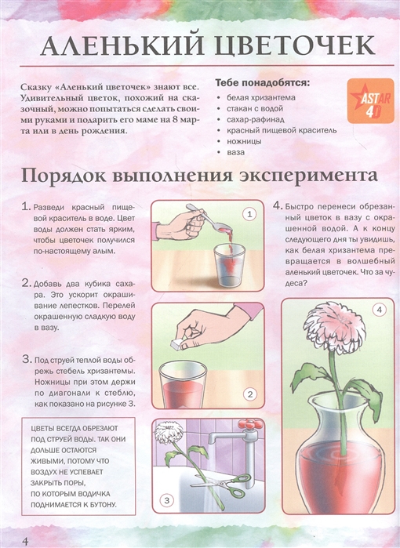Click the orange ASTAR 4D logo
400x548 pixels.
(x=370, y=100)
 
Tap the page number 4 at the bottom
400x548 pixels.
(x=25, y=541)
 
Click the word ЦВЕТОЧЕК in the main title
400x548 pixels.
(x=294, y=45)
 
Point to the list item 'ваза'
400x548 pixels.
(x=235, y=152)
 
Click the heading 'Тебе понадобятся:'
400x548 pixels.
(x=262, y=83)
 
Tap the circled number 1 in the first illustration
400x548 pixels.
(x=249, y=214)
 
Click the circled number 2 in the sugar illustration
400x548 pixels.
(x=249, y=394)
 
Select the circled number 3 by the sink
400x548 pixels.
(x=166, y=500)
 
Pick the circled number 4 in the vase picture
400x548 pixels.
(x=380, y=310)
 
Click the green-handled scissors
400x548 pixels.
(x=226, y=484)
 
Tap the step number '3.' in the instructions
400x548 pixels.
(x=27, y=359)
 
